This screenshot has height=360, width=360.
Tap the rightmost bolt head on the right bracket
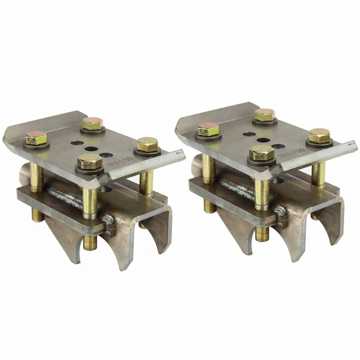pyautogui.click(x=319, y=136)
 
